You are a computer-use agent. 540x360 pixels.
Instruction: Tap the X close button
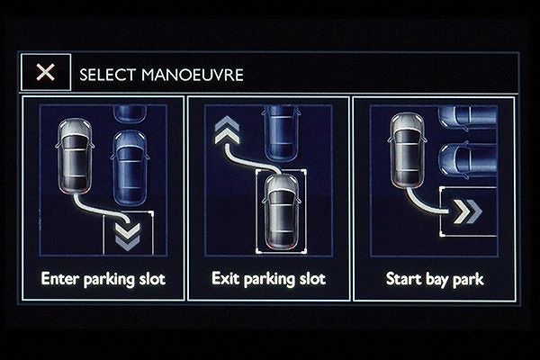point(46,72)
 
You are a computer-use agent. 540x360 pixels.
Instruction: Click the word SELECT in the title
point(107,75)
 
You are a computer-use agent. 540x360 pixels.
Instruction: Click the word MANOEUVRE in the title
point(193,75)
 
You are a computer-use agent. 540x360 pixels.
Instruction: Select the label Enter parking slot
point(103,279)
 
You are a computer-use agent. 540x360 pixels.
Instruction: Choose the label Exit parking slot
point(268,279)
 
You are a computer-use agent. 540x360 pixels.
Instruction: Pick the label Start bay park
point(435,279)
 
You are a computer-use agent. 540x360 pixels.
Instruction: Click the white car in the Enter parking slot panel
point(75,156)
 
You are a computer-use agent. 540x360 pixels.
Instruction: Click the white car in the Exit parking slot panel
point(282,211)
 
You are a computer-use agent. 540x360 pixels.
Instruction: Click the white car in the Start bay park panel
point(407,150)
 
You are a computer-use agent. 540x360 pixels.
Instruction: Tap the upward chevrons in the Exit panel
point(227,130)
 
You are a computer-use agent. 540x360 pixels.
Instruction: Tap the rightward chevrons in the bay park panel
point(468,211)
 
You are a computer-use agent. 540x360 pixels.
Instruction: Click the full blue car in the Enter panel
point(130,168)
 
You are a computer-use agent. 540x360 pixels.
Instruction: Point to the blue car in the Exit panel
point(281,133)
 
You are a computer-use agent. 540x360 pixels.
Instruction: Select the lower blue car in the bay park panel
point(468,160)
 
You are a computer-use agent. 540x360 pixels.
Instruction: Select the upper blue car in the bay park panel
point(468,117)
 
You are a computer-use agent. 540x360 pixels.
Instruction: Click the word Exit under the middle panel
point(225,278)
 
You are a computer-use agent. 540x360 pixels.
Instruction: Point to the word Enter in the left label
point(60,278)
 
